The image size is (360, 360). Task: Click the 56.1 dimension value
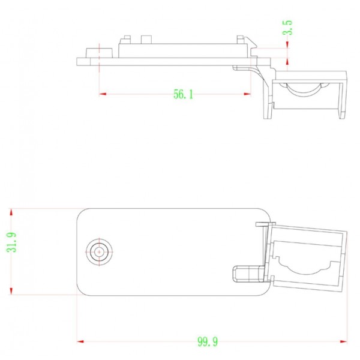click(x=184, y=94)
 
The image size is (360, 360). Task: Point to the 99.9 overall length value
click(x=208, y=342)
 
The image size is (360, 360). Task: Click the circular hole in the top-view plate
click(x=98, y=251)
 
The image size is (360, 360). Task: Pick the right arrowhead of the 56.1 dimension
click(x=247, y=94)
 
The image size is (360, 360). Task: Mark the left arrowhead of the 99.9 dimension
click(x=81, y=341)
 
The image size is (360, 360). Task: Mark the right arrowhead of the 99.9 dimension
click(x=344, y=341)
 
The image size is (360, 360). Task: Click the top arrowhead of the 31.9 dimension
click(x=11, y=212)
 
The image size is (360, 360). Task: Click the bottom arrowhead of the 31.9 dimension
click(x=11, y=292)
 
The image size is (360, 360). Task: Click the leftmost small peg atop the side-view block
click(x=127, y=39)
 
